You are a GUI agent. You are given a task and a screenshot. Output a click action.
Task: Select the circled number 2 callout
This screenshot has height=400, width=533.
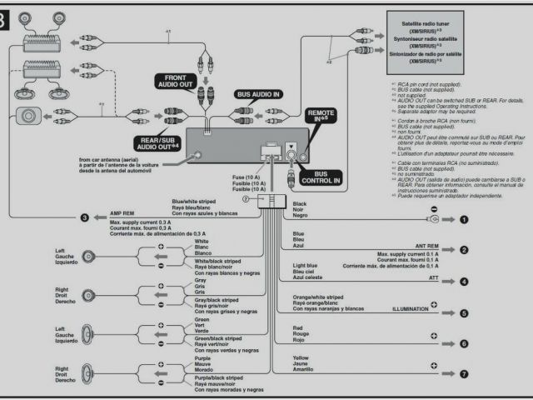pos(464,249)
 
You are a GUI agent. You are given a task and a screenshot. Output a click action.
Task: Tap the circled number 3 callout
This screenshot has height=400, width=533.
pos(84,218)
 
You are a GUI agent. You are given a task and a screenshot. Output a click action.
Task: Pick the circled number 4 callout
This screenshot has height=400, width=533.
pos(464,281)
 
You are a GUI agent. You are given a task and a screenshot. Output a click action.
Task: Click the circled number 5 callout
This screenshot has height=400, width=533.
pos(464,313)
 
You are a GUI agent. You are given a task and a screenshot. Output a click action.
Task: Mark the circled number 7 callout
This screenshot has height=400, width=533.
pos(464,373)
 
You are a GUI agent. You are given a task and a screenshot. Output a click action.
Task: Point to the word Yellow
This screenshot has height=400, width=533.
pos(301,357)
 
